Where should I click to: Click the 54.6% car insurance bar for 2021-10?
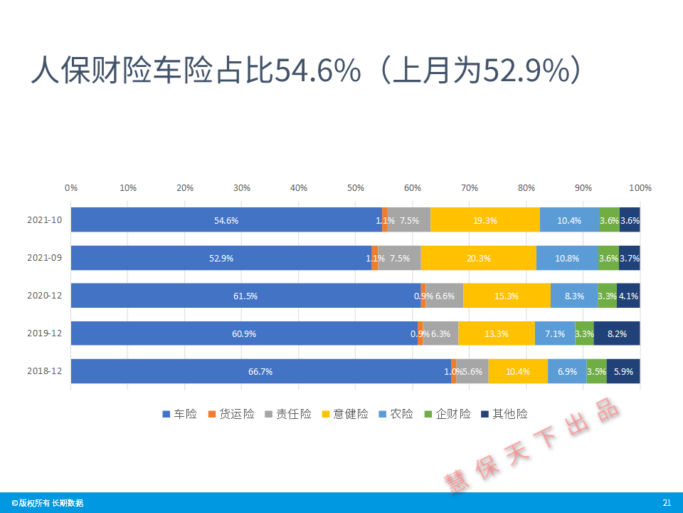click(226, 220)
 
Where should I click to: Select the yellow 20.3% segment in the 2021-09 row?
click(479, 258)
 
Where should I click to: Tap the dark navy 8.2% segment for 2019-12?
click(617, 333)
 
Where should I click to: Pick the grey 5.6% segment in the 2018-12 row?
click(472, 371)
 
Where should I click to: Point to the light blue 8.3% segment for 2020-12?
click(574, 296)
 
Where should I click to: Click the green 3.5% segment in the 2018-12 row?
click(597, 371)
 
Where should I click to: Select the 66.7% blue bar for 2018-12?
click(261, 371)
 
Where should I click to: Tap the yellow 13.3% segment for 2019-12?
click(497, 333)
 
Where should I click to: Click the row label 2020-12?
click(44, 295)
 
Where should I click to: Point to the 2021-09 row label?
click(44, 257)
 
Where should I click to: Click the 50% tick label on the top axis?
click(356, 187)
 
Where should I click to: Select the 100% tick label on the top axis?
click(640, 187)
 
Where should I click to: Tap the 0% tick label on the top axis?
click(71, 187)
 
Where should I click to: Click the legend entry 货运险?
click(231, 413)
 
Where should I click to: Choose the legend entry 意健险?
click(345, 413)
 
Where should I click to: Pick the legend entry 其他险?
click(504, 413)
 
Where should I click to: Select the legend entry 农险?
click(396, 413)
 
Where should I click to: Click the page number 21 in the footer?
click(667, 502)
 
